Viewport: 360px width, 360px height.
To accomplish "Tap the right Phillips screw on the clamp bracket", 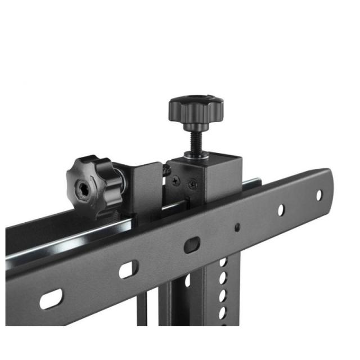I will click(193, 183).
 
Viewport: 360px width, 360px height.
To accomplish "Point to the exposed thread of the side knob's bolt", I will click(166, 168).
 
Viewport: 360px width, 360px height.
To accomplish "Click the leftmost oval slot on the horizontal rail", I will click(51, 299).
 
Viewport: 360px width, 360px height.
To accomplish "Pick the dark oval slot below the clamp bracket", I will click(192, 245).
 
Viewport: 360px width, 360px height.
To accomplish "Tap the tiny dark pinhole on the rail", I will click(237, 227).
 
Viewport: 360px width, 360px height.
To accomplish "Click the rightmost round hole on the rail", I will click(319, 195).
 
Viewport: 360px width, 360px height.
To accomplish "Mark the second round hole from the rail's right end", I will click(281, 209).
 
